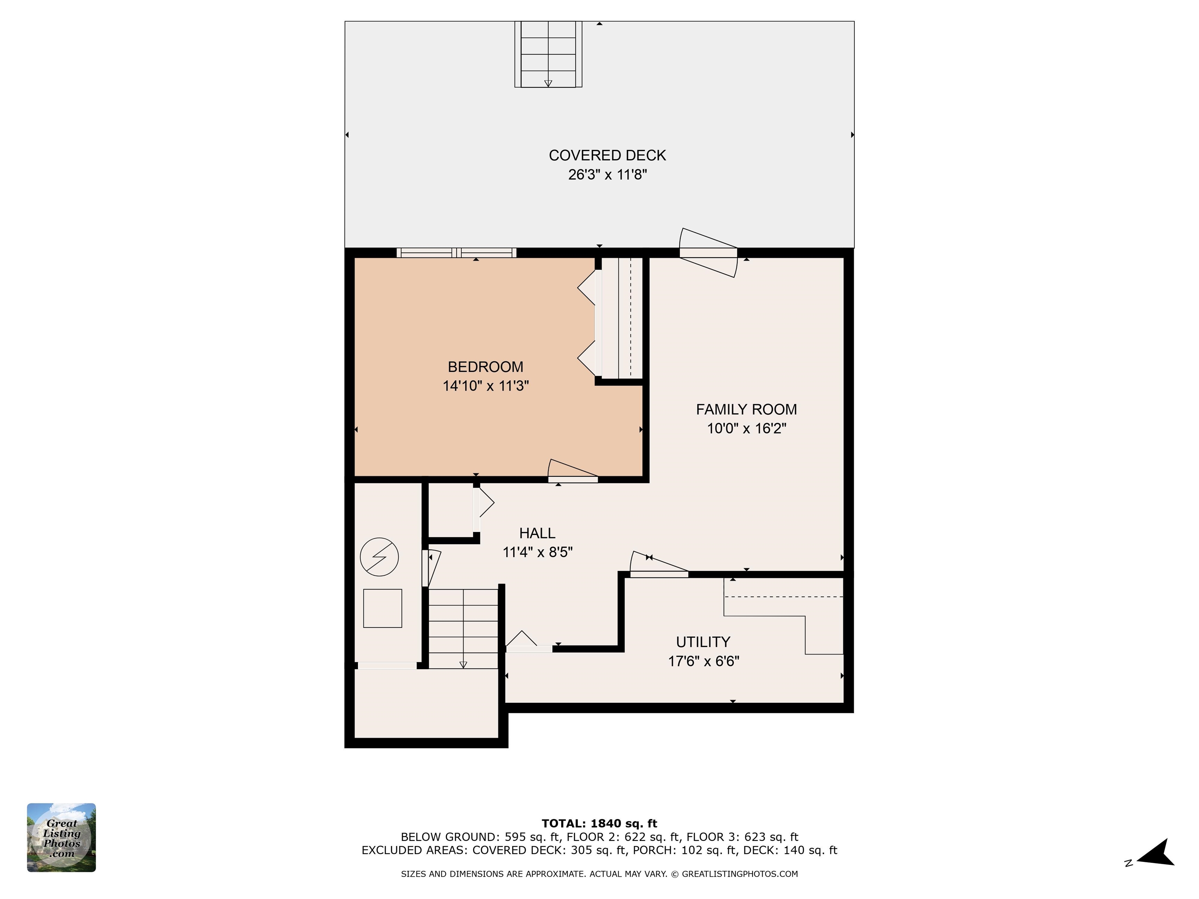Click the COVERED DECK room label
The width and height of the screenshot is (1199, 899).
pyautogui.click(x=607, y=156)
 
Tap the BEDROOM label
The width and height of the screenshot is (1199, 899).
pyautogui.click(x=485, y=367)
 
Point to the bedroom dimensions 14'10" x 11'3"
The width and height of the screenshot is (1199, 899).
pyautogui.click(x=485, y=386)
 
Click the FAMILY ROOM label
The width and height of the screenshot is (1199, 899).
pyautogui.click(x=746, y=409)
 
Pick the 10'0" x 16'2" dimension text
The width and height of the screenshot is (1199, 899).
pyautogui.click(x=746, y=429)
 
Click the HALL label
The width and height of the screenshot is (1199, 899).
pyautogui.click(x=537, y=533)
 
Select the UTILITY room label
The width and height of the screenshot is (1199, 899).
pyautogui.click(x=703, y=642)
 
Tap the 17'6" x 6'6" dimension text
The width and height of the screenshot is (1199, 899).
pyautogui.click(x=703, y=661)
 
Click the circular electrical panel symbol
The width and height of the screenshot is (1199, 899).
pyautogui.click(x=379, y=556)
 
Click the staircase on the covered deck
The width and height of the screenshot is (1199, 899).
pyautogui.click(x=548, y=54)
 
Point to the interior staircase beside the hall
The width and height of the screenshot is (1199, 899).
pyautogui.click(x=463, y=629)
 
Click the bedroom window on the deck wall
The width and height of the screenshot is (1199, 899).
pyautogui.click(x=456, y=252)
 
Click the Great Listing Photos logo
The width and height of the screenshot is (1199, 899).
pyautogui.click(x=61, y=837)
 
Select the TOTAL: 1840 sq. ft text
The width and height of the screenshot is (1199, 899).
pyautogui.click(x=599, y=824)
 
